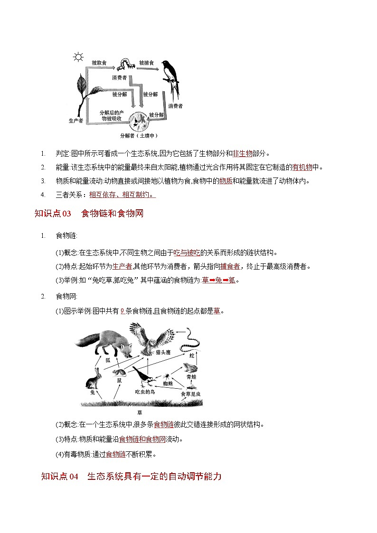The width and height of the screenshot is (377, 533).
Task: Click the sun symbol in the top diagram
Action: [77, 58]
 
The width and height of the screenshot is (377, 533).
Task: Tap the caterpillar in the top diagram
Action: [124, 63]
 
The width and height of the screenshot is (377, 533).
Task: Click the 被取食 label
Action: [100, 62]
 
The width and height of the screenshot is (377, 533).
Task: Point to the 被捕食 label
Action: [146, 62]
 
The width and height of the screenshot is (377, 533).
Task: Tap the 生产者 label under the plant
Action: [76, 121]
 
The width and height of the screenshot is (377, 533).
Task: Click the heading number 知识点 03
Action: [53, 214]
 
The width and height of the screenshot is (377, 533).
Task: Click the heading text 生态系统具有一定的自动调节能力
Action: [154, 477]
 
